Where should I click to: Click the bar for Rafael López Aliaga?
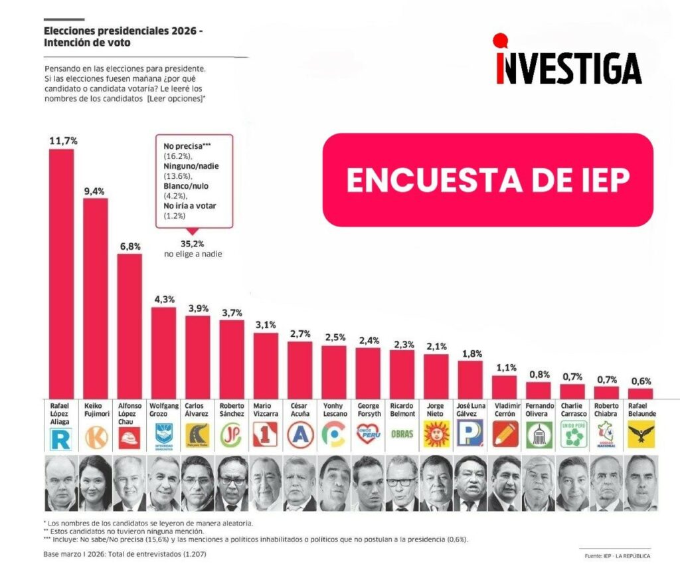click(61, 272)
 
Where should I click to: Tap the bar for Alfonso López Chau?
click(129, 325)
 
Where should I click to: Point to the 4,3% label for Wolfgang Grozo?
click(163, 299)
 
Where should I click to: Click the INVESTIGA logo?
click(567, 61)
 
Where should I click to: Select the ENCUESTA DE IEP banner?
click(487, 180)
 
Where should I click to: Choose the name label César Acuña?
click(300, 409)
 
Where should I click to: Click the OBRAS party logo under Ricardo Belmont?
click(402, 435)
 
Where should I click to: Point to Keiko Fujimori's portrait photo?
click(95, 483)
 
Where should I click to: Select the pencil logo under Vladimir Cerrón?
click(505, 435)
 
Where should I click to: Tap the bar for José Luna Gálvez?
click(470, 379)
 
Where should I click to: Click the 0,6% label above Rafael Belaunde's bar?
click(641, 381)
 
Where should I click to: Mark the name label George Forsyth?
click(369, 409)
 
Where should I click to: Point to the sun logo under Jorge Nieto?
click(436, 435)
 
